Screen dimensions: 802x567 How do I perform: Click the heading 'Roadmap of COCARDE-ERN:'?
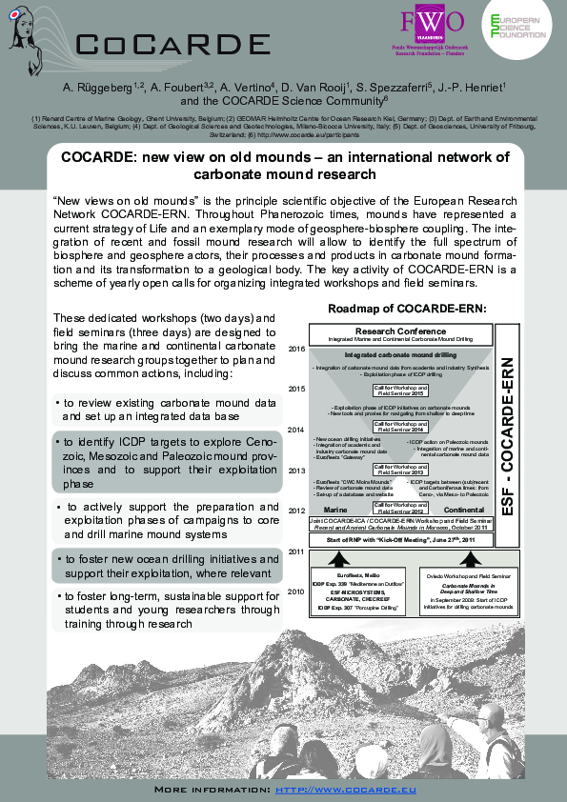tap(407, 309)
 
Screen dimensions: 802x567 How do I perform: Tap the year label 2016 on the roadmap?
tap(296, 350)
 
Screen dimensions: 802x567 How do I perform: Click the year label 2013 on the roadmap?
tap(296, 470)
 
